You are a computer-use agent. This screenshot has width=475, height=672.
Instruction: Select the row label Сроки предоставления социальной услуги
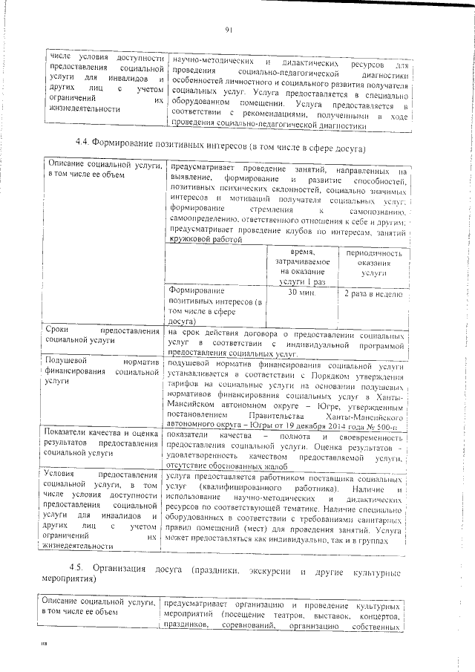coord(102,334)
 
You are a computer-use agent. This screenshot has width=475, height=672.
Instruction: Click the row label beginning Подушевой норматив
coord(102,372)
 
